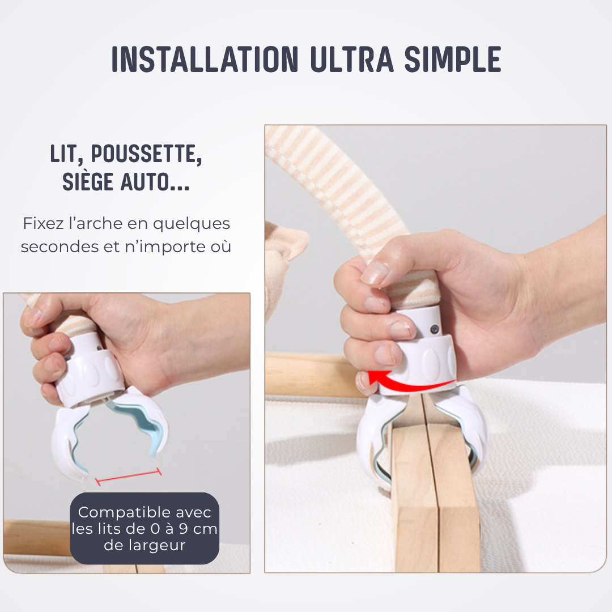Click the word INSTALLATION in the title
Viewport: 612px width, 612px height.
[205, 59]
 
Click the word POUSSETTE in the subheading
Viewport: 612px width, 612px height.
[146, 154]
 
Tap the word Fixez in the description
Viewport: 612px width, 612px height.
[42, 223]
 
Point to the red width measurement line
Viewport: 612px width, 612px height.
[129, 477]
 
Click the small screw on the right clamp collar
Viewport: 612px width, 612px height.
[435, 329]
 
